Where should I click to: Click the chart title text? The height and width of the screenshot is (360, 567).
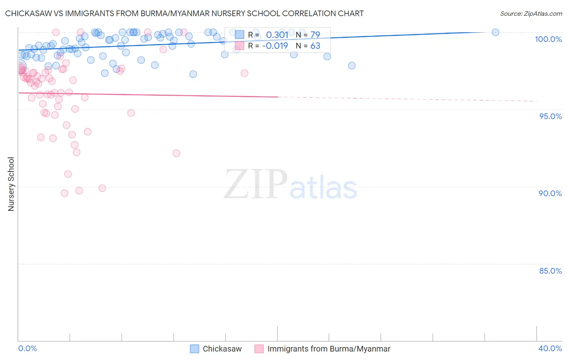[x=184, y=13]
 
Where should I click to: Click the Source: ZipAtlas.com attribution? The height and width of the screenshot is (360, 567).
[x=531, y=14]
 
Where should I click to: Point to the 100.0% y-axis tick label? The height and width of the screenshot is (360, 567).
[x=548, y=39]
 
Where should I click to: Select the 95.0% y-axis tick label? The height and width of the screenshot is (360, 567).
[x=550, y=116]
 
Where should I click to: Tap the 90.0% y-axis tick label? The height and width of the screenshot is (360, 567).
[x=550, y=193]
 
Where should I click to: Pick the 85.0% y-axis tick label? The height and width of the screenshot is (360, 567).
[x=550, y=271]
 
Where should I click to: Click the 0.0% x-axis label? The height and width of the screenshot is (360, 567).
[x=27, y=348]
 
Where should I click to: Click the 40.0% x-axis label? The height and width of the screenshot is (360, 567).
[x=550, y=348]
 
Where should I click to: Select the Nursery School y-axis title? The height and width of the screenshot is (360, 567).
[x=11, y=184]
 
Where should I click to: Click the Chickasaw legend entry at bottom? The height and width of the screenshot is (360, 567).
[x=222, y=349]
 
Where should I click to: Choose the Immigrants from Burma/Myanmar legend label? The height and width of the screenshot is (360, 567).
[x=329, y=349]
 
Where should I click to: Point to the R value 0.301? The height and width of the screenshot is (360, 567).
[x=277, y=35]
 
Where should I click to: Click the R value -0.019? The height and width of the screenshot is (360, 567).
[x=275, y=46]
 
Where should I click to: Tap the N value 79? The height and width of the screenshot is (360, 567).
[x=315, y=35]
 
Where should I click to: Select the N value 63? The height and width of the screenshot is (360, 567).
[x=315, y=46]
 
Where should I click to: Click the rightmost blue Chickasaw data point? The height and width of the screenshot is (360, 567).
[x=495, y=32]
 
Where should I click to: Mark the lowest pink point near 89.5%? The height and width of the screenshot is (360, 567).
[x=65, y=193]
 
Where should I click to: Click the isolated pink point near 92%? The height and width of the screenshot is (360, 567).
[x=176, y=153]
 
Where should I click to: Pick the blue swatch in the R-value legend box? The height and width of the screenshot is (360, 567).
[x=240, y=35]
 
